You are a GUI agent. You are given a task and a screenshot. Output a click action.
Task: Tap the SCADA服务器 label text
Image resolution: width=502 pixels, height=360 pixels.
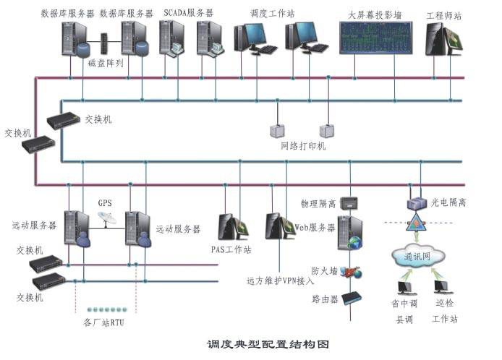click(190, 12)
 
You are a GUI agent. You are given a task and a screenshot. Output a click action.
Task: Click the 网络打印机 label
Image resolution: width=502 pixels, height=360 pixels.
click(303, 146)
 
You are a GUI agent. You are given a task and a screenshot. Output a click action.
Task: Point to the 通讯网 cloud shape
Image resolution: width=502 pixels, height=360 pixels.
click(416, 255)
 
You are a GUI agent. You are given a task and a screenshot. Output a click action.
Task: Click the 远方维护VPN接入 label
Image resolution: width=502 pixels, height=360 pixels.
click(281, 279)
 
